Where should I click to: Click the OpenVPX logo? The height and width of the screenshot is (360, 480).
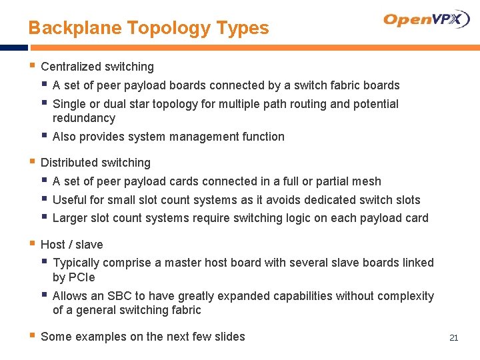(427, 19)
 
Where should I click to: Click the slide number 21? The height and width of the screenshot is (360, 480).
(454, 338)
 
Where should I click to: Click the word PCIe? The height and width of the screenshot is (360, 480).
(83, 277)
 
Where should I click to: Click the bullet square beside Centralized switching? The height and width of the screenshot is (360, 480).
(32, 66)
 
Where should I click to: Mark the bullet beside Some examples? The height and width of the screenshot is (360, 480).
(32, 336)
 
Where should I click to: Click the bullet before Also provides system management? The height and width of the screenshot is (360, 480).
(44, 136)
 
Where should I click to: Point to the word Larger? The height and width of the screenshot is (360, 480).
(70, 218)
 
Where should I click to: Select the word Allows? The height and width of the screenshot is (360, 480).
(69, 296)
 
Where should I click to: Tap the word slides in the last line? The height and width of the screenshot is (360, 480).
(229, 337)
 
